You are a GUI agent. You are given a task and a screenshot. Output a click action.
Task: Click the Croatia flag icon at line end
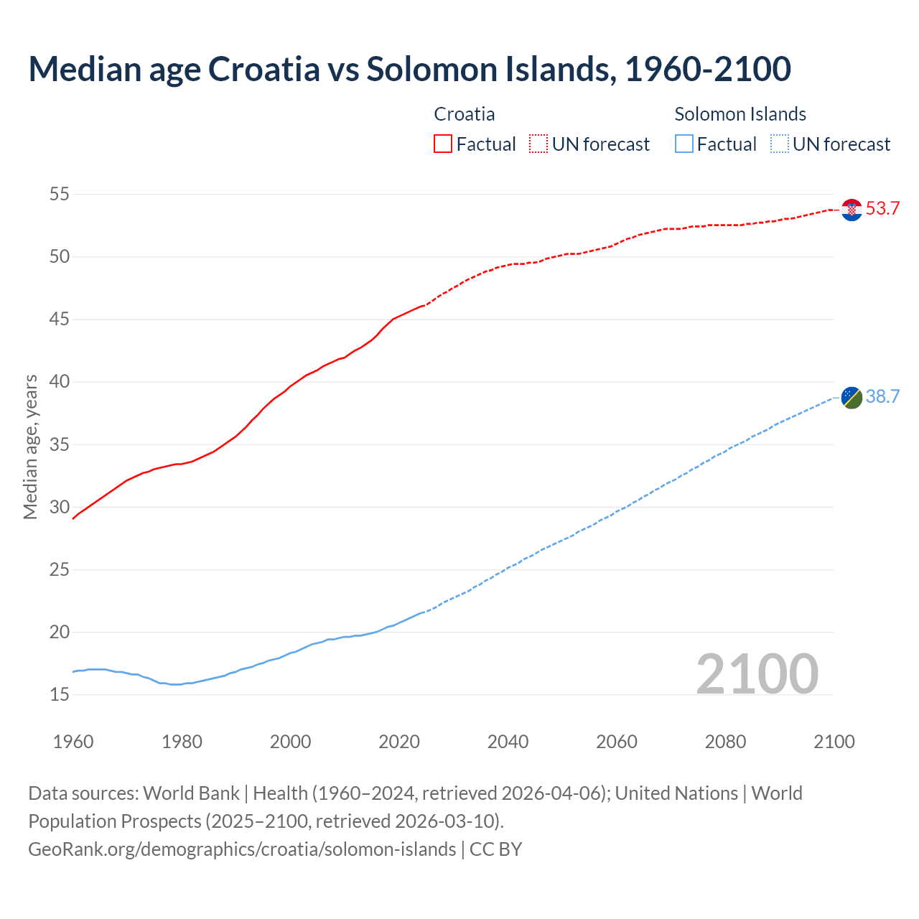click(852, 210)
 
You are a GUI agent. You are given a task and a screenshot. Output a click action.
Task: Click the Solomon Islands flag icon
click(852, 398)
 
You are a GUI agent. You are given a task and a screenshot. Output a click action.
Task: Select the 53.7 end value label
click(882, 209)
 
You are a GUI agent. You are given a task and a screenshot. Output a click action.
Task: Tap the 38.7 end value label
click(882, 397)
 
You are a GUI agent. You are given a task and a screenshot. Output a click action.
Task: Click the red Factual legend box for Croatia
click(443, 144)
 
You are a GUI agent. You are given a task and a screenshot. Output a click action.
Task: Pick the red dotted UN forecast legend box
click(538, 144)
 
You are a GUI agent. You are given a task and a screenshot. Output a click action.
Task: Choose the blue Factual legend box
click(684, 144)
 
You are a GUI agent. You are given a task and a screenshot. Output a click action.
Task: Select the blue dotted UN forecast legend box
click(779, 144)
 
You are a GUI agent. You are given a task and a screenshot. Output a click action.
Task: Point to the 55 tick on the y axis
click(60, 194)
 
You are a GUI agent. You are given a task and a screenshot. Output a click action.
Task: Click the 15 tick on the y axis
click(60, 695)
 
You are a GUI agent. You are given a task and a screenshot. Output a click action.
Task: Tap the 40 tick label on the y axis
click(60, 382)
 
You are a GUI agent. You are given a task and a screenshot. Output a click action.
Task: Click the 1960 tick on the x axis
click(73, 742)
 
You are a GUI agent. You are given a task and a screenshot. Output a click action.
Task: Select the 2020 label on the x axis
click(399, 742)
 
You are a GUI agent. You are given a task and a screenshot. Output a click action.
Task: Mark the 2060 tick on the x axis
click(617, 742)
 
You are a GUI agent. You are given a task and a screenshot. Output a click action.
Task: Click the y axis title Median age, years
click(30, 447)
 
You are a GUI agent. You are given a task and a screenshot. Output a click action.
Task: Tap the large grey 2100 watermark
click(757, 674)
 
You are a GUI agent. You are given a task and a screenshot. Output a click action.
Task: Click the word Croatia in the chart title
click(263, 69)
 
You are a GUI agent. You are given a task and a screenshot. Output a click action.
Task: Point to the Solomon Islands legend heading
click(740, 114)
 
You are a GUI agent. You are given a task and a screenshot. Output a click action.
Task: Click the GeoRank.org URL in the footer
click(242, 849)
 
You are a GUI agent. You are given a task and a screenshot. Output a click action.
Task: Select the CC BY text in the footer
click(496, 849)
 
